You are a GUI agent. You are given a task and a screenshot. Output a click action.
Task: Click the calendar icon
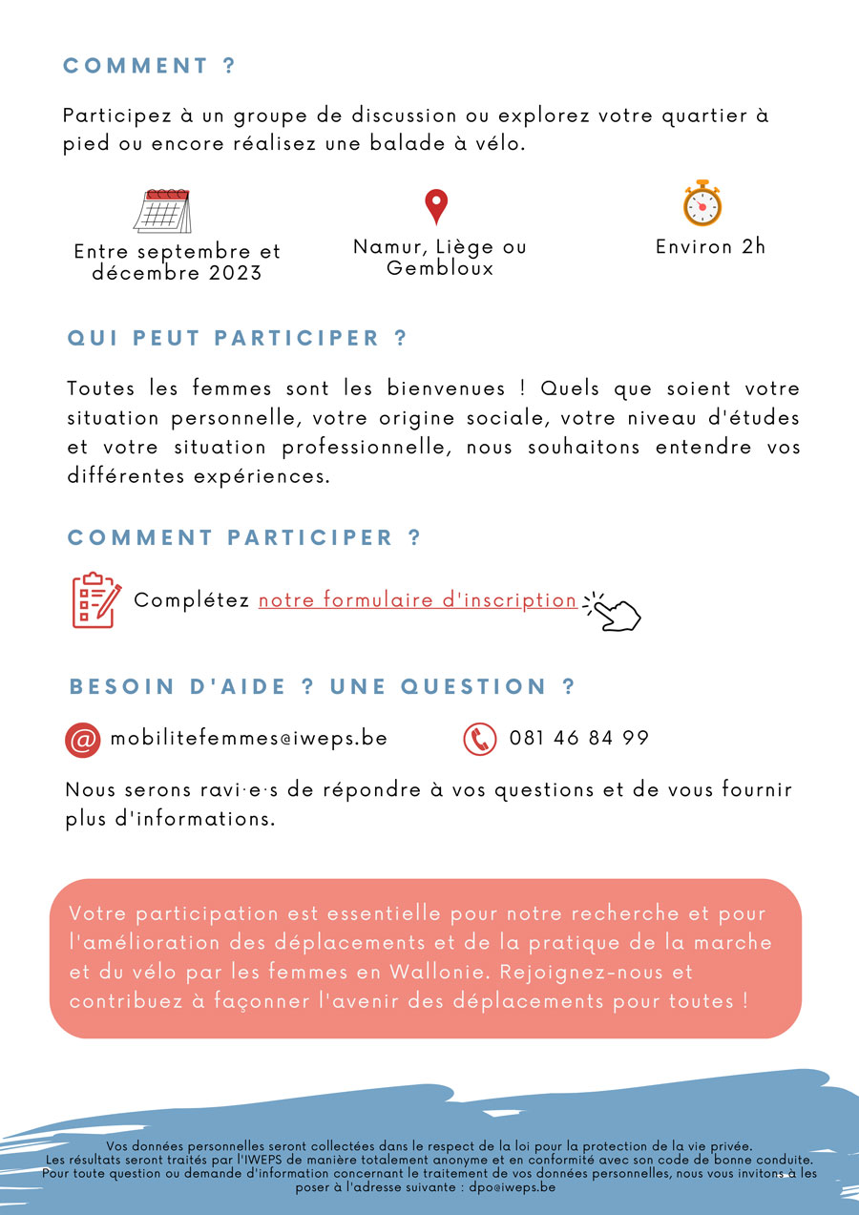pyautogui.click(x=162, y=211)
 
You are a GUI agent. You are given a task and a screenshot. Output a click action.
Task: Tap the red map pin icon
pyautogui.click(x=436, y=206)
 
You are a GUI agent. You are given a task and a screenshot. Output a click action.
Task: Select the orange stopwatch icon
pyautogui.click(x=702, y=203)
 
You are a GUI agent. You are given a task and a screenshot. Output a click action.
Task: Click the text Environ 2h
pyautogui.click(x=710, y=246)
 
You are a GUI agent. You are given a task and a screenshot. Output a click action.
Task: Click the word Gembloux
pyautogui.click(x=440, y=268)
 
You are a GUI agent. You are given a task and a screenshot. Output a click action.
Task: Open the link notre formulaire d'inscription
pyautogui.click(x=417, y=600)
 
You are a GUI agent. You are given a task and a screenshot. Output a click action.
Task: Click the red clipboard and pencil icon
pyautogui.click(x=96, y=600)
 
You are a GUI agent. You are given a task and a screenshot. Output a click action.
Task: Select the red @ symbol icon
pyautogui.click(x=83, y=740)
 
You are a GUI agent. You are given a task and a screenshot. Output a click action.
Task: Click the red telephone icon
pyautogui.click(x=480, y=740)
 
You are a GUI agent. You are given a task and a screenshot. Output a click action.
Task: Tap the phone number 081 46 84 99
pyautogui.click(x=578, y=739)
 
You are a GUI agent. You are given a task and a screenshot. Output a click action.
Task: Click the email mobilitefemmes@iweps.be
pyautogui.click(x=249, y=739)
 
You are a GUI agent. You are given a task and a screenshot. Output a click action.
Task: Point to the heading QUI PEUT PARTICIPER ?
pyautogui.click(x=238, y=338)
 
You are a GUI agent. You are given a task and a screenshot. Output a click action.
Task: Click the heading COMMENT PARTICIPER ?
pyautogui.click(x=244, y=537)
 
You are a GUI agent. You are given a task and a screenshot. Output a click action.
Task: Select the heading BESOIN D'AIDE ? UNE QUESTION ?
pyautogui.click(x=323, y=687)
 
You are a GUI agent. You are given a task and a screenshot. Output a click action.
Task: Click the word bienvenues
pyautogui.click(x=446, y=389)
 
